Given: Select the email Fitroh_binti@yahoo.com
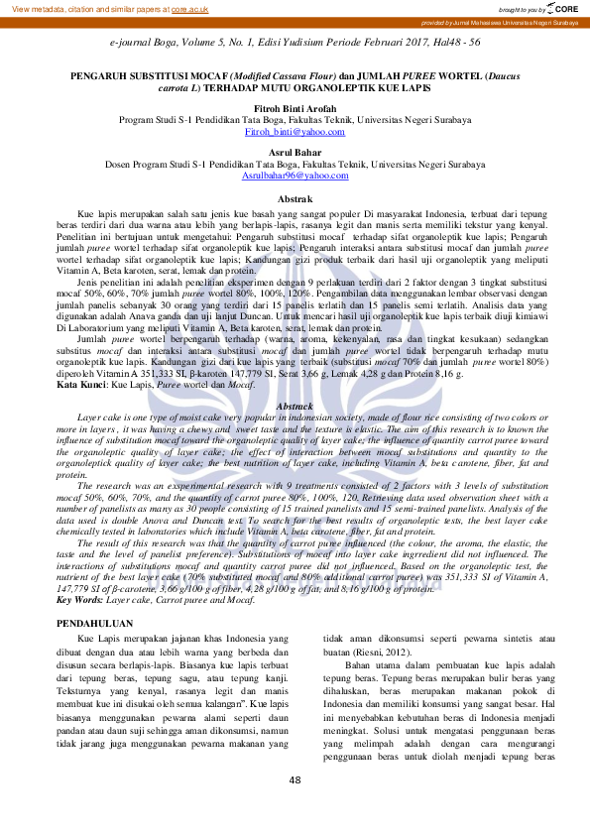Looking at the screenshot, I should coord(295,131).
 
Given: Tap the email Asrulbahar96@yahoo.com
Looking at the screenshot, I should coord(295,175).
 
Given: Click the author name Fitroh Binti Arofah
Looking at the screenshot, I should coord(295,109).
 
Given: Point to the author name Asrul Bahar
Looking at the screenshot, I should coord(295,153).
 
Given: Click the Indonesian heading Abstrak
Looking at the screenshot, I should coord(295,199).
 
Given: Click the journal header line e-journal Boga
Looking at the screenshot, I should coord(295,43).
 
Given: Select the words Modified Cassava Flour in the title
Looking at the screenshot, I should coord(280,76).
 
